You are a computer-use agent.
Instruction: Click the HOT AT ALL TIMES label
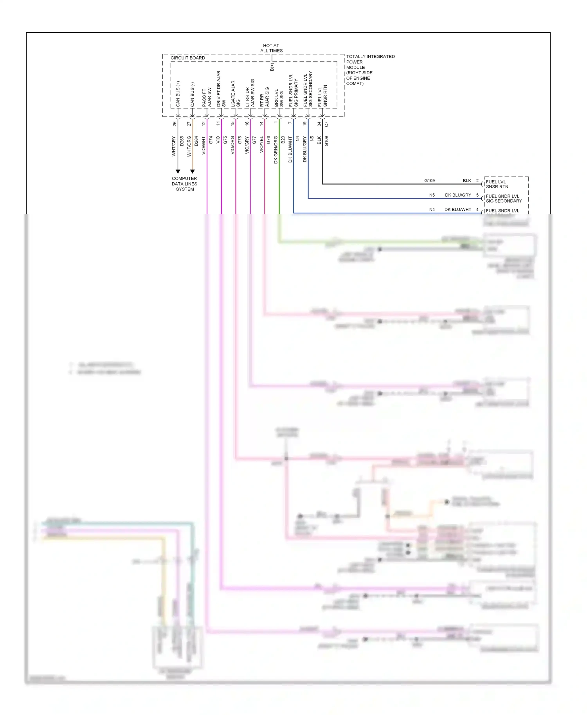(x=271, y=48)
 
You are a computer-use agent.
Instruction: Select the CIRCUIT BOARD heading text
(x=187, y=58)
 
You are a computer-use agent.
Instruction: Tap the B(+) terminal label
(x=272, y=67)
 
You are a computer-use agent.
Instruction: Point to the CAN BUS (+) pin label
(x=178, y=94)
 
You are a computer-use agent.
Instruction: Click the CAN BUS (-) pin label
(x=192, y=94)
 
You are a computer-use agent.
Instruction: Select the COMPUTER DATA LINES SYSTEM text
(x=184, y=184)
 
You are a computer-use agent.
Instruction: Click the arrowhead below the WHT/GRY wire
(x=178, y=171)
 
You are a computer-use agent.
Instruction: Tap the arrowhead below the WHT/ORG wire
(x=192, y=171)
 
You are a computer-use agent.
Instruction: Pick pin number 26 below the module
(x=175, y=124)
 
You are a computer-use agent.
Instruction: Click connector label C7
(x=326, y=124)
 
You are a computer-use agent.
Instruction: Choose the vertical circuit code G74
(x=211, y=140)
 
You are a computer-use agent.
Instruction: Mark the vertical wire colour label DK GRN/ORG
(x=275, y=149)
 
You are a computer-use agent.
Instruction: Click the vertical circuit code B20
(x=283, y=140)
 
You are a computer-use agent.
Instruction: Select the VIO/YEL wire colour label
(x=261, y=144)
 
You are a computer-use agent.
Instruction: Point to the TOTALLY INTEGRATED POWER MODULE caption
(x=370, y=70)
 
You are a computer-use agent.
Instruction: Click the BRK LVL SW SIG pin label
(x=279, y=98)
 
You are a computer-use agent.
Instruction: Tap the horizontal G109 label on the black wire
(x=429, y=181)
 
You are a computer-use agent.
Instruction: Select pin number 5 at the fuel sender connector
(x=477, y=195)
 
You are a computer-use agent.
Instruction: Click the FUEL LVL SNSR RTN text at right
(x=497, y=184)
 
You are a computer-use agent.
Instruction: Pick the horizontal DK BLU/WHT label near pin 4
(x=457, y=210)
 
